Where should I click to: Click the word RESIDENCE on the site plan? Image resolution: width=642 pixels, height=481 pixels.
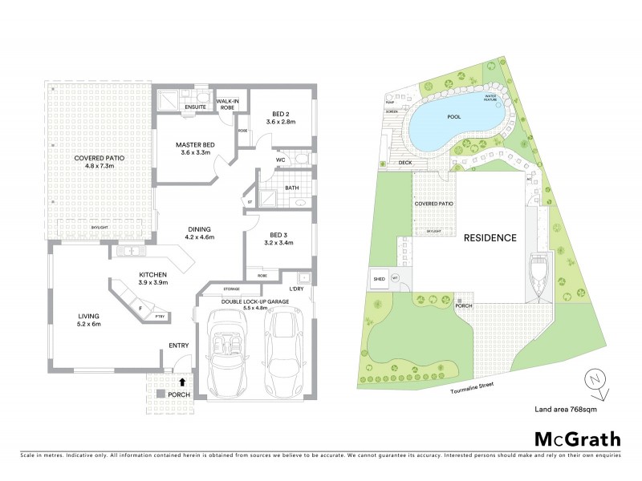tap(488, 238)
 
